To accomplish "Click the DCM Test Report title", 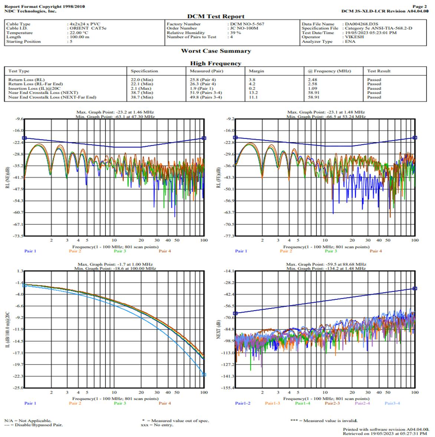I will (216, 16).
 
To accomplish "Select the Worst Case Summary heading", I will (216, 51).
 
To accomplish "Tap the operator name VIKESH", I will (354, 37).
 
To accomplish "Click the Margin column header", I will (256, 71).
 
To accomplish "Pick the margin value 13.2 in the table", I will (253, 93).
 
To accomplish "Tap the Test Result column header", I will (379, 71).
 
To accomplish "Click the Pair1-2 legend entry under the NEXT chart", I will (242, 403).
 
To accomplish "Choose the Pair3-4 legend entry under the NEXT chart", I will (392, 403).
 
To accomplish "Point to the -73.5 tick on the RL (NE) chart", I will (18, 236).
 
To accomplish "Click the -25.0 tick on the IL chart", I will (18, 388).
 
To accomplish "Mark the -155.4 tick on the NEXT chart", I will (228, 388).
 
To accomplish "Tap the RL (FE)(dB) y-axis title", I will (219, 177).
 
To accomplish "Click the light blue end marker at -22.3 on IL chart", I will (204, 375).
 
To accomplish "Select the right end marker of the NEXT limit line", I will (415, 288).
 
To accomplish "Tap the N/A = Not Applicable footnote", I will (28, 421).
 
